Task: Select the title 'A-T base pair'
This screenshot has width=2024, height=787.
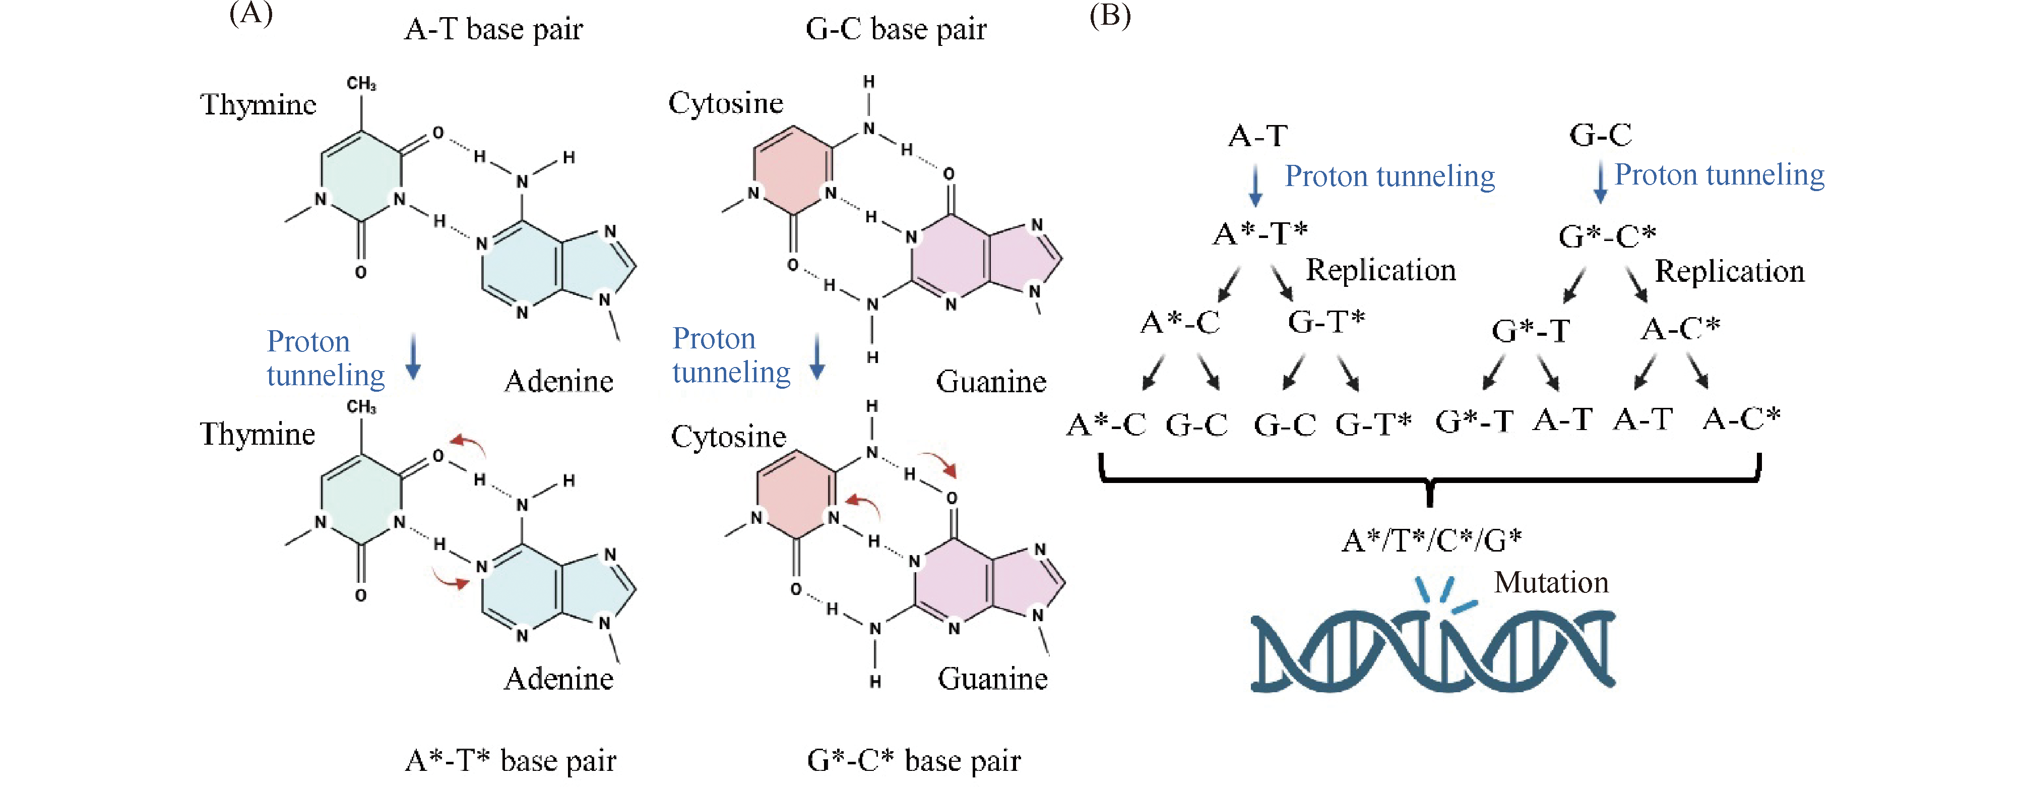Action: pos(493,30)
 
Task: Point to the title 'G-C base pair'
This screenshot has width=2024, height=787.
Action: pos(896,30)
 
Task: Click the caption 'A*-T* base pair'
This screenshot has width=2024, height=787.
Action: pos(510,760)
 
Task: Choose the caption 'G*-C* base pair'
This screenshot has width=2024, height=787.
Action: pos(914,760)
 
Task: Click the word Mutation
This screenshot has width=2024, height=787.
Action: pos(1551,583)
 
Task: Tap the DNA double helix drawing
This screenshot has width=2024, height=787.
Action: pos(1432,652)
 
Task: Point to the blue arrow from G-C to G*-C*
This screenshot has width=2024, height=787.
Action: pos(1600,183)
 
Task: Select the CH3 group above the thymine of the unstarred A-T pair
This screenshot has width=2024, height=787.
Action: pos(361,83)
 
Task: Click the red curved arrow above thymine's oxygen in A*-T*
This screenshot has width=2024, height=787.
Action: pos(469,445)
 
